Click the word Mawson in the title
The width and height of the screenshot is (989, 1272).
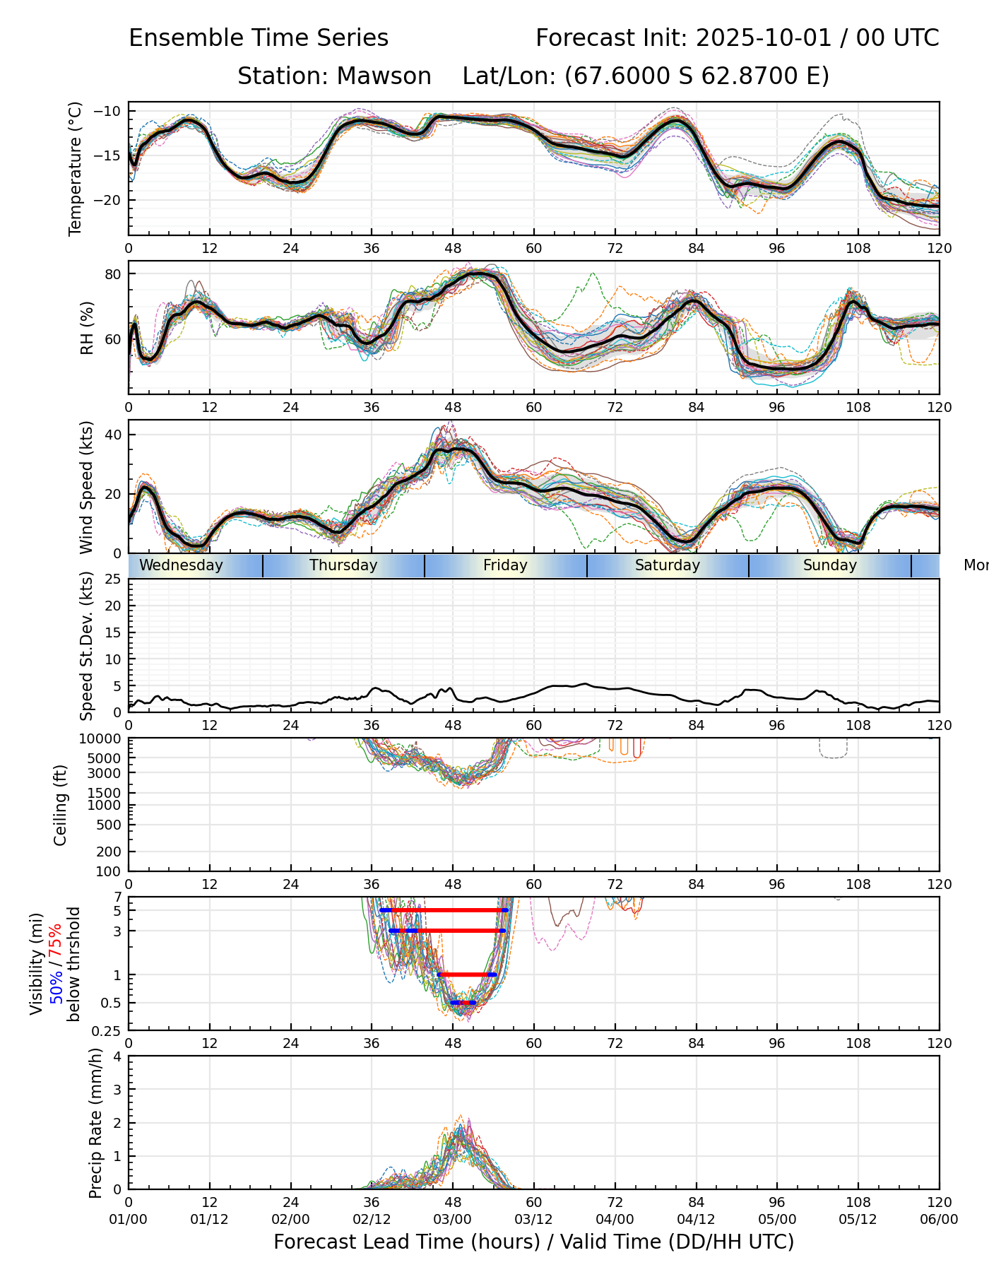tap(384, 76)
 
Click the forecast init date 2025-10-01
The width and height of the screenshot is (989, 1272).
tap(762, 38)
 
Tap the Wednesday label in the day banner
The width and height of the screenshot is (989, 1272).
tap(181, 565)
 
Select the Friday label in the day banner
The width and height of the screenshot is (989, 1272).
tap(505, 565)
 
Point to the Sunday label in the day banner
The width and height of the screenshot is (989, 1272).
tap(829, 565)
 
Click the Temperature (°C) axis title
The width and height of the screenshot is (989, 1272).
tap(76, 168)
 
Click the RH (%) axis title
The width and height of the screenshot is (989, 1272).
tap(87, 328)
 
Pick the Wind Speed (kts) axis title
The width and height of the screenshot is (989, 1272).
tap(87, 487)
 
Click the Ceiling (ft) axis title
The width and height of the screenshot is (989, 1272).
tap(61, 805)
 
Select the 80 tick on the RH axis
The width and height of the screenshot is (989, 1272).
tap(114, 274)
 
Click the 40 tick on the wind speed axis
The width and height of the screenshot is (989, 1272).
tap(114, 435)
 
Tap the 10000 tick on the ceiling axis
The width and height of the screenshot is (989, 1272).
tap(102, 739)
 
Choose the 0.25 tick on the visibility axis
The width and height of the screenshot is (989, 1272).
tap(107, 1030)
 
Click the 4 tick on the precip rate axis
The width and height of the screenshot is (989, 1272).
tap(117, 1057)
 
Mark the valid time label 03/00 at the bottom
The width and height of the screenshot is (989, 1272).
tap(453, 1219)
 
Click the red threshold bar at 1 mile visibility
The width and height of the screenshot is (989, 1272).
tap(466, 974)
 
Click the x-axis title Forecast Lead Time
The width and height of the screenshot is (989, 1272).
tap(533, 1242)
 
